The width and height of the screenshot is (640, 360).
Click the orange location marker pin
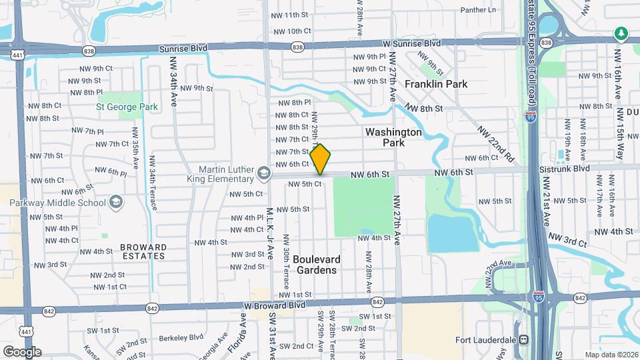point(321,159)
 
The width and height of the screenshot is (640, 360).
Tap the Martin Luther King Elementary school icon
point(264,174)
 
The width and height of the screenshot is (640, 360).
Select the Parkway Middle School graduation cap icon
point(115,202)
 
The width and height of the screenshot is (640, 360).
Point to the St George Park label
point(127,107)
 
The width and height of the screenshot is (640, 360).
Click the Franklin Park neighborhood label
point(436,84)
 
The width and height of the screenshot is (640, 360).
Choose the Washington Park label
point(393,137)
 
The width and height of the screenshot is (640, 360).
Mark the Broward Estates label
point(143,251)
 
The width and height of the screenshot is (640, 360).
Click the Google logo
point(22,351)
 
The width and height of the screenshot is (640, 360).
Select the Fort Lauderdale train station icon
point(525,340)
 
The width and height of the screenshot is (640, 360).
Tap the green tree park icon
point(621,32)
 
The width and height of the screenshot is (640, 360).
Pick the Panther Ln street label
point(479,10)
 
